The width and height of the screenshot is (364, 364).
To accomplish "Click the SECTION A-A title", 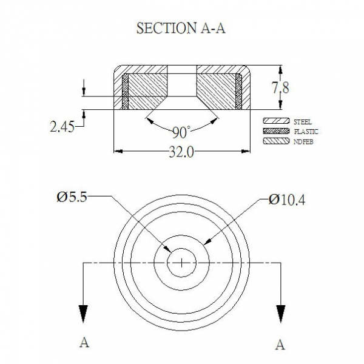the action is point(181,29).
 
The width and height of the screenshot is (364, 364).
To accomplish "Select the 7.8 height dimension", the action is point(280,88).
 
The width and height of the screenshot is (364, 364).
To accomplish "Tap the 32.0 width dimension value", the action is point(181,152).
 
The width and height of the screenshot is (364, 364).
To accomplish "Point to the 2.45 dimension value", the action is point(62,127).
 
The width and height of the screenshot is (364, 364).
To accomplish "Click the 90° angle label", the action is point(181,132).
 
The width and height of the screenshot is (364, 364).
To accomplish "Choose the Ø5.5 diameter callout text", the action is point(72,198).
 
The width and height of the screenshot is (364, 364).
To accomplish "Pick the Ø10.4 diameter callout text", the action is point(287,200).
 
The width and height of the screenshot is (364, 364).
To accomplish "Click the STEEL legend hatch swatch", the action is point(276,121).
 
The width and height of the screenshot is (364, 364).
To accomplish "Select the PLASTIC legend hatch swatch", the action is point(276,131).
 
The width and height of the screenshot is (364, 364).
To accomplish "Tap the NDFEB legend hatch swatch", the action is point(276,141).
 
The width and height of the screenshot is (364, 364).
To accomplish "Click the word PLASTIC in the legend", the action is point(306,132).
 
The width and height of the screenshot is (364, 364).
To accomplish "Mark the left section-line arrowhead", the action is point(83,314).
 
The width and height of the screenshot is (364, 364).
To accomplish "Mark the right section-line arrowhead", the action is point(281,314).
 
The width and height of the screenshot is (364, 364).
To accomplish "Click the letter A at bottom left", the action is point(84,342).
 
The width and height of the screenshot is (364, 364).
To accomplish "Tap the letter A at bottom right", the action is point(280,345).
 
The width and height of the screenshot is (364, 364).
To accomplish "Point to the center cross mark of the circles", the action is point(182,263).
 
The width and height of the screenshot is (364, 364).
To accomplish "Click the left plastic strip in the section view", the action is point(125,92).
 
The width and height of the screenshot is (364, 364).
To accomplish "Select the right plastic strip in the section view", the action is point(238,92).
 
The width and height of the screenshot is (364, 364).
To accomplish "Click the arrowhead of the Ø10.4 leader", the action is point(207,241).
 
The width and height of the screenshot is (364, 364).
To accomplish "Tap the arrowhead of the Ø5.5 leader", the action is point(167,249).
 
